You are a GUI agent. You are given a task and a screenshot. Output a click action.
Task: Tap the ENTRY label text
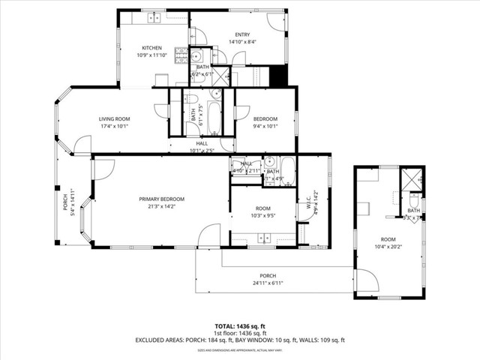pos(242,34)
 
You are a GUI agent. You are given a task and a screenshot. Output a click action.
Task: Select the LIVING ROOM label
pos(115,118)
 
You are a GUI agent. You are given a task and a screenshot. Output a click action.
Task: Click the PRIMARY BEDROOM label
pos(161,199)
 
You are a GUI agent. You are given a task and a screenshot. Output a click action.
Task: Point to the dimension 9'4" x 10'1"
pos(265,126)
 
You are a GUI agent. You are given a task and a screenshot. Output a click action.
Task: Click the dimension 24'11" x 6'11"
pos(268,283)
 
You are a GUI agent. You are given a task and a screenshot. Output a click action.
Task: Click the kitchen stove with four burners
pos(181,54)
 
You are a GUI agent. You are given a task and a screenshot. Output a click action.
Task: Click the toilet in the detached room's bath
pos(414,200)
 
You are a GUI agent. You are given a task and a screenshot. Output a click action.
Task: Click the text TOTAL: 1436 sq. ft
pos(240,326)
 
